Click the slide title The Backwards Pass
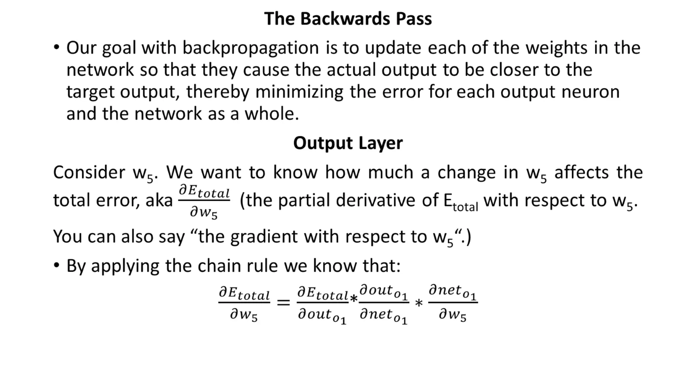point(348,18)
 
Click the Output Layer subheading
point(348,143)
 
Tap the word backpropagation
point(250,48)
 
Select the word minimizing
point(299,92)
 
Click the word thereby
point(217,92)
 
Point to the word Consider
point(89,172)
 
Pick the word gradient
point(264,236)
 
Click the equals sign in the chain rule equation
point(283,302)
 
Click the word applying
point(125,266)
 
